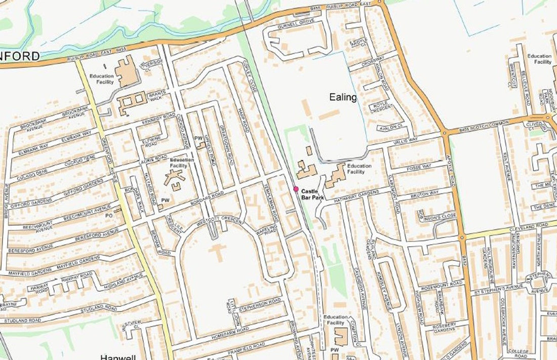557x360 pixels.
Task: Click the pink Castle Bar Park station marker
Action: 296,189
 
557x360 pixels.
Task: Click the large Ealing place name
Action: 343,97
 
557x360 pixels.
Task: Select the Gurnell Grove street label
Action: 300,23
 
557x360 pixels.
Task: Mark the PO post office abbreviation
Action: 108,215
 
